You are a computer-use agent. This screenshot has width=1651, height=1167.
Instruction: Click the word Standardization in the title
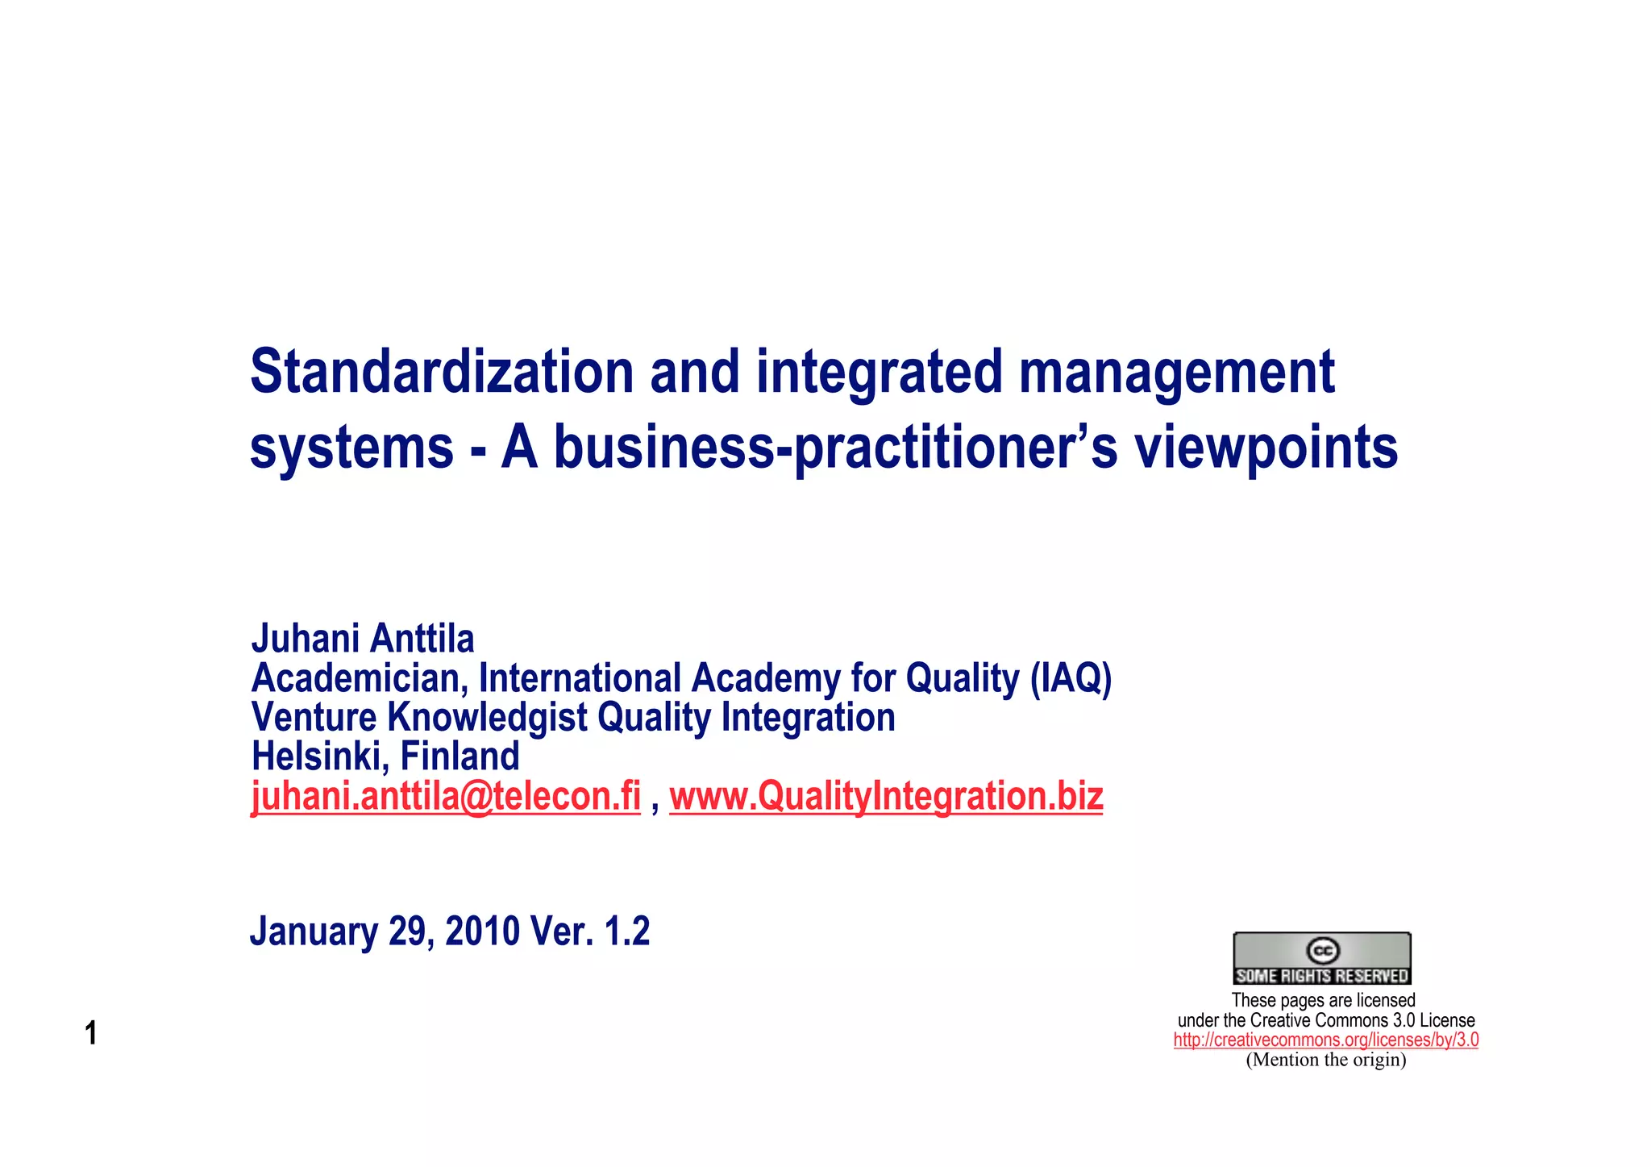click(442, 372)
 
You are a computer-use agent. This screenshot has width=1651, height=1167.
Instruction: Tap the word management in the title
click(1177, 373)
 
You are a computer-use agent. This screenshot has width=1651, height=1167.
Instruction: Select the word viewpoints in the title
click(1266, 448)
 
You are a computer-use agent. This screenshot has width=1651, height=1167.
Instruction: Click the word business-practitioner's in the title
click(836, 448)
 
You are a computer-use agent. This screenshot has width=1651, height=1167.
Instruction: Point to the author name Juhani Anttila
click(363, 639)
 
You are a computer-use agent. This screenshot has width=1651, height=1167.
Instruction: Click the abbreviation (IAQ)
click(1071, 678)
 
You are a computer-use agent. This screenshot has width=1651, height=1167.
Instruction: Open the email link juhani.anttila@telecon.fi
click(446, 797)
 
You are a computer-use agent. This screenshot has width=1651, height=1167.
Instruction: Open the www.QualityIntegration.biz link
click(886, 797)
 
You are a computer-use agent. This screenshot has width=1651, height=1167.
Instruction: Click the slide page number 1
click(91, 1033)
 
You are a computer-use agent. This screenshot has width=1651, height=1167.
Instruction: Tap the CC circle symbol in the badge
click(1322, 951)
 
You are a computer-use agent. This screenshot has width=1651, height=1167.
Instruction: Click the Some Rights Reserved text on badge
click(1322, 976)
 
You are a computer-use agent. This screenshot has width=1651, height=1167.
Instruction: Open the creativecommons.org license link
click(1325, 1040)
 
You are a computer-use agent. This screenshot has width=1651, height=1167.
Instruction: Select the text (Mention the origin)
click(1325, 1060)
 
